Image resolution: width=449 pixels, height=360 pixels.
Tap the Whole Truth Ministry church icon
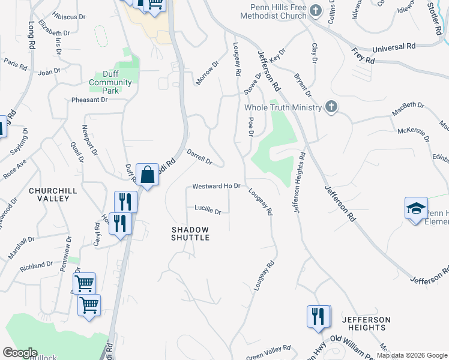click(x=330, y=107)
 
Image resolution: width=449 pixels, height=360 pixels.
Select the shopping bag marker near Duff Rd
click(x=147, y=175)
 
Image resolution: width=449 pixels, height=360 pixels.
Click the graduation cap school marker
click(x=416, y=208)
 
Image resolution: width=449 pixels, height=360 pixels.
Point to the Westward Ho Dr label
click(x=216, y=187)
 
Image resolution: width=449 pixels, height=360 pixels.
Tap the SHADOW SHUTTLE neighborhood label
click(x=190, y=233)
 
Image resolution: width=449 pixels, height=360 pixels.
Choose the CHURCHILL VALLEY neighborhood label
click(x=53, y=194)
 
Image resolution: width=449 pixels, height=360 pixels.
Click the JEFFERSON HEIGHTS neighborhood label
click(x=366, y=323)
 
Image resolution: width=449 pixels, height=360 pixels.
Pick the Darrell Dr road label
click(x=200, y=157)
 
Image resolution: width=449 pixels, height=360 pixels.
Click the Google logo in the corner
click(x=20, y=353)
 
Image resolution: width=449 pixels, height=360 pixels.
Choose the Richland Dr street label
click(x=36, y=265)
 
